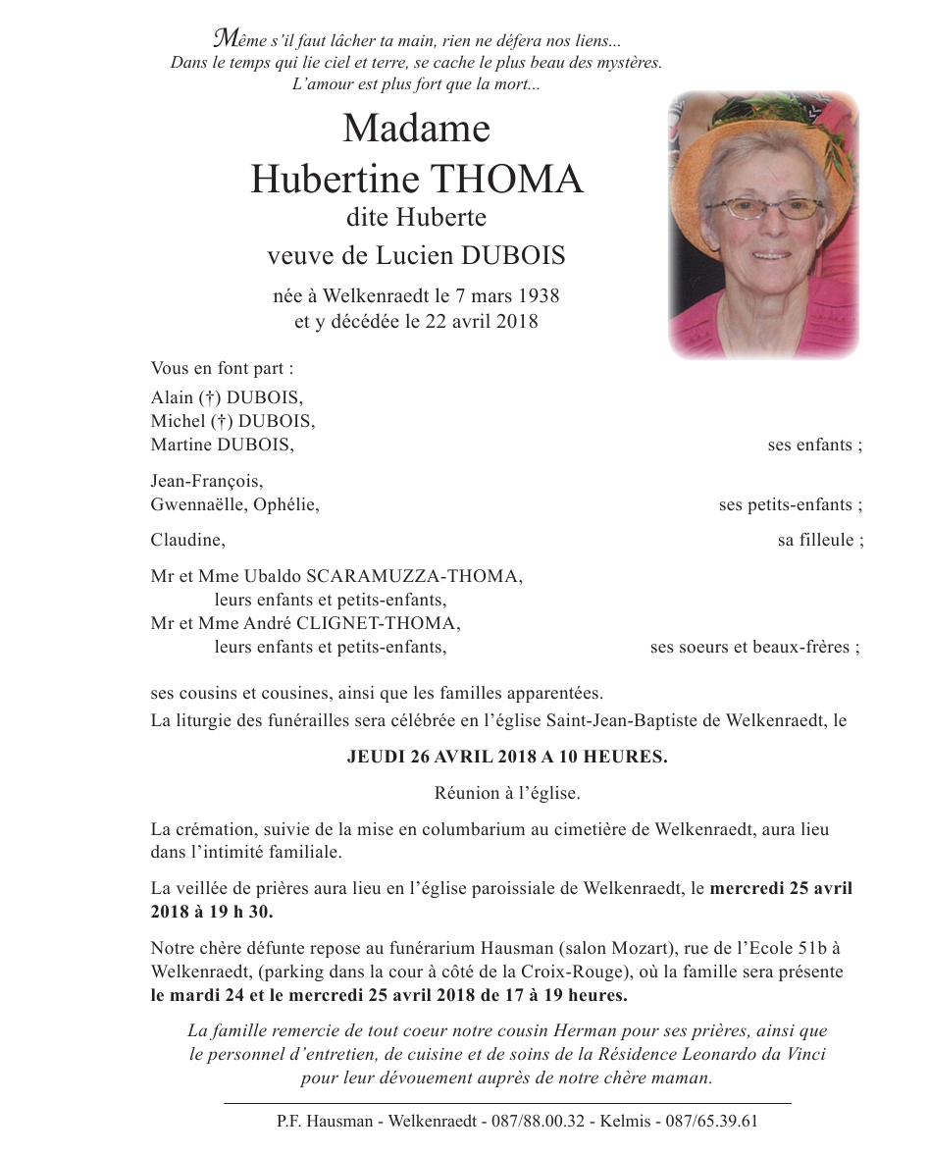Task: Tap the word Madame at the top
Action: click(x=416, y=129)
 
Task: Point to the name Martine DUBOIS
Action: click(x=222, y=445)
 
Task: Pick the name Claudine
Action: click(x=186, y=540)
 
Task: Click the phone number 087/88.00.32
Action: click(x=542, y=1121)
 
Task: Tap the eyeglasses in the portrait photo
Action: click(x=769, y=208)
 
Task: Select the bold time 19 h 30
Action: click(x=236, y=911)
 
